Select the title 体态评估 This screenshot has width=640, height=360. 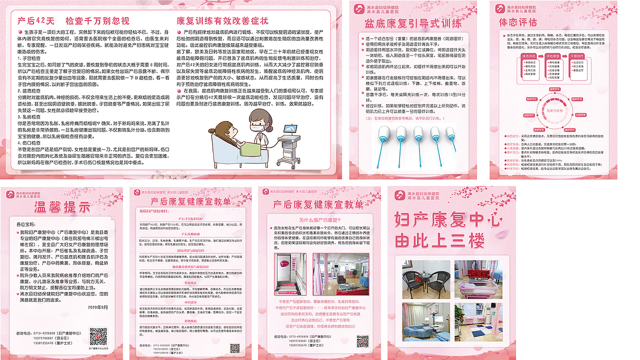tap(518, 22)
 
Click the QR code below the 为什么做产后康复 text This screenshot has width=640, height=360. tap(362, 341)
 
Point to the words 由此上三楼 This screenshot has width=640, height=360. tap(439, 241)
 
